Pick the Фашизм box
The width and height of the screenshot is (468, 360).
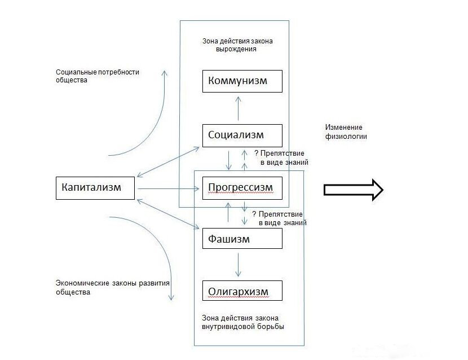pos(242,239)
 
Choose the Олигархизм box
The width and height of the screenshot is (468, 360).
pos(242,291)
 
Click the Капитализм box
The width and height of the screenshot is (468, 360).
pos(95,188)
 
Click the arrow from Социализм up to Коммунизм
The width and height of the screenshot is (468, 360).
pos(238,108)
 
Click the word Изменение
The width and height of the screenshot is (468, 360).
pos(344,126)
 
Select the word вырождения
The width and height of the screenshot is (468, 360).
pos(237,49)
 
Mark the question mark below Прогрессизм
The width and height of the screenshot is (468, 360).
pos(254,214)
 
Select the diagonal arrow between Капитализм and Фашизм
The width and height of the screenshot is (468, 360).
pos(168,213)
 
